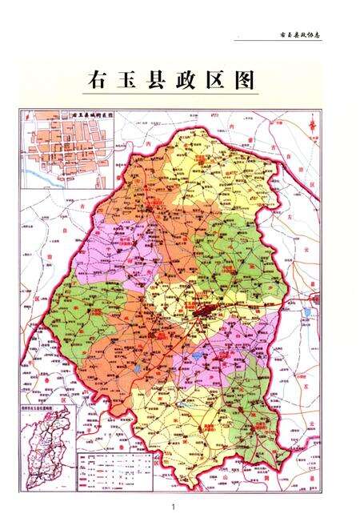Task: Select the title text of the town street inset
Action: [x=93, y=114]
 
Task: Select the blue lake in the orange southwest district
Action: [x=138, y=368]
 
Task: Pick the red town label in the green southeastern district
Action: [x=256, y=428]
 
